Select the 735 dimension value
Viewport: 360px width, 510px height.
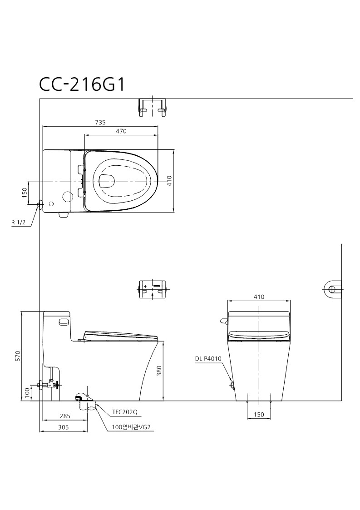pos(100,123)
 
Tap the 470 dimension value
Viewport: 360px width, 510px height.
pos(121,131)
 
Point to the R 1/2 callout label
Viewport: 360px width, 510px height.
pos(18,223)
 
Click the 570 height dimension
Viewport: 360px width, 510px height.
pos(18,356)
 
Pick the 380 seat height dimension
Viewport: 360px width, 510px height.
pos(159,371)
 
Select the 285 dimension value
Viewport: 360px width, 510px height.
pos(65,416)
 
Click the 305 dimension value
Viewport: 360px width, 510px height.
pos(64,427)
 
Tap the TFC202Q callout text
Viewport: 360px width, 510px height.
pos(125,412)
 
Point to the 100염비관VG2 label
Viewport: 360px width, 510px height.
pos(131,427)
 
